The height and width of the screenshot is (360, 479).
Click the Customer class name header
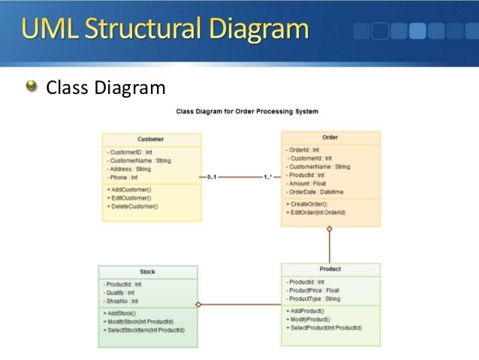(151, 139)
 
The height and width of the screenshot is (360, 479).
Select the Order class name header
(330, 138)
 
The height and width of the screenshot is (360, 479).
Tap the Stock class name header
(147, 271)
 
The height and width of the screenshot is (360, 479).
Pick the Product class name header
(330, 269)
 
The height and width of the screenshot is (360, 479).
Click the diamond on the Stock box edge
(198, 304)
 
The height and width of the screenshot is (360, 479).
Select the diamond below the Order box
(329, 228)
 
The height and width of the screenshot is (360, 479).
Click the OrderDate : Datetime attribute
(317, 192)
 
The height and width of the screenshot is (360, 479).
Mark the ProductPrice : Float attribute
(312, 290)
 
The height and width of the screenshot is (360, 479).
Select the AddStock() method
(122, 313)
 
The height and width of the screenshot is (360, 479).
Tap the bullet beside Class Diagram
(31, 88)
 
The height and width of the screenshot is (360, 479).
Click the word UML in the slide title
(50, 31)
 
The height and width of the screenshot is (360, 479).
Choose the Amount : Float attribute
(306, 183)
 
